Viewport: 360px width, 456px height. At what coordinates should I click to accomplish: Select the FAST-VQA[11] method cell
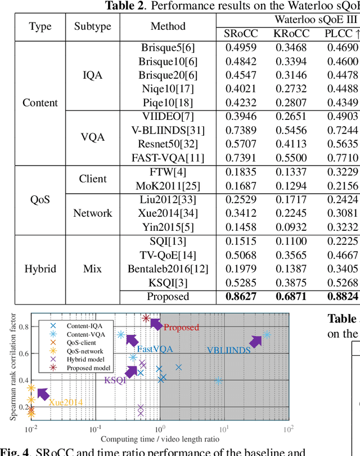pos(168,158)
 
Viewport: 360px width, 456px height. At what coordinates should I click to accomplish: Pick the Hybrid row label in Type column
pos(40,269)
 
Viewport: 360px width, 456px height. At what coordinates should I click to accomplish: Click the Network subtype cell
pos(93,213)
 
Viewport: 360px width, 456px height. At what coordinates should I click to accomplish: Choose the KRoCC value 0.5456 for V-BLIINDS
pos(290,131)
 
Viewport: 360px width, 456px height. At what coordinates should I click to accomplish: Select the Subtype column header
pos(93,26)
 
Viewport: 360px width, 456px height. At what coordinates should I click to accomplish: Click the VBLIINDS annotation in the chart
pos(229,366)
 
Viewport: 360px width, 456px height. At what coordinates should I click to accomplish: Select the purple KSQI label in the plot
pos(115,380)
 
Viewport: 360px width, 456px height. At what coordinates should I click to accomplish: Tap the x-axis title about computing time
pos(160,439)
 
